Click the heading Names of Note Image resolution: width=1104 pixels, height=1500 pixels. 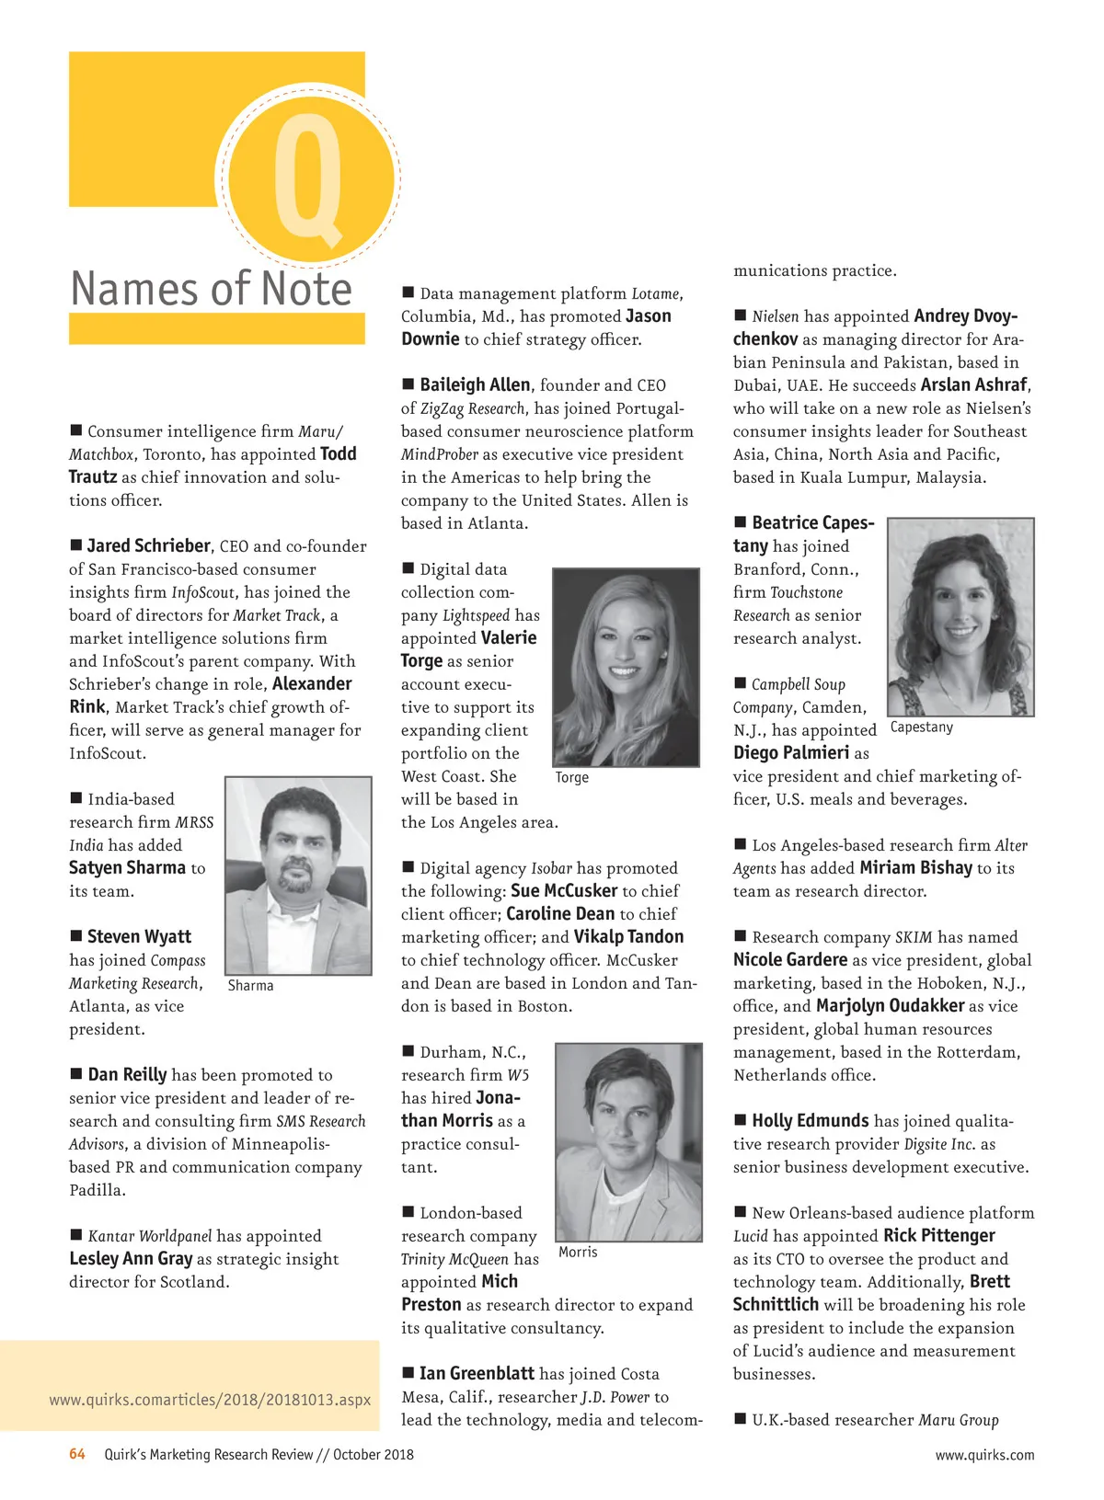212,289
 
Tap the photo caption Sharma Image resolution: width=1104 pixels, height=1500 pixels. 250,985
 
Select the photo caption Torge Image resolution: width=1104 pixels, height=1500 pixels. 571,777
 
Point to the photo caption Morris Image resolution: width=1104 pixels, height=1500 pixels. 578,1252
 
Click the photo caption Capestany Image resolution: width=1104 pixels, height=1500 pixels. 921,727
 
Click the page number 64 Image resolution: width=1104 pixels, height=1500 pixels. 77,1454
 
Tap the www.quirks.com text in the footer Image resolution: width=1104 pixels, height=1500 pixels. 984,1455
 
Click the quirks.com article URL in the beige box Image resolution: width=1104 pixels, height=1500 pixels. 210,1400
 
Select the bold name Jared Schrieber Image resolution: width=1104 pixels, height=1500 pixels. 149,546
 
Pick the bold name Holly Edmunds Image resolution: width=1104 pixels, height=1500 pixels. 810,1120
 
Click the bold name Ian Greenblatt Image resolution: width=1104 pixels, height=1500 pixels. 477,1373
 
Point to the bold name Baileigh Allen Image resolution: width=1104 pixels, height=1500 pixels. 475,384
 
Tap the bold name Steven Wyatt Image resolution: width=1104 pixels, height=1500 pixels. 139,936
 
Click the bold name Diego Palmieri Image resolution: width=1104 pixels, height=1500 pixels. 791,752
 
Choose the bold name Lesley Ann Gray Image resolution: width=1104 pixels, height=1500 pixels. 131,1258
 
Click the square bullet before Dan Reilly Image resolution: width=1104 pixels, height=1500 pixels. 76,1073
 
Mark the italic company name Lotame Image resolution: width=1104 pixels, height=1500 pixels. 655,293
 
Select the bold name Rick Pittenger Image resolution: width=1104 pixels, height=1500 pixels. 938,1235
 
